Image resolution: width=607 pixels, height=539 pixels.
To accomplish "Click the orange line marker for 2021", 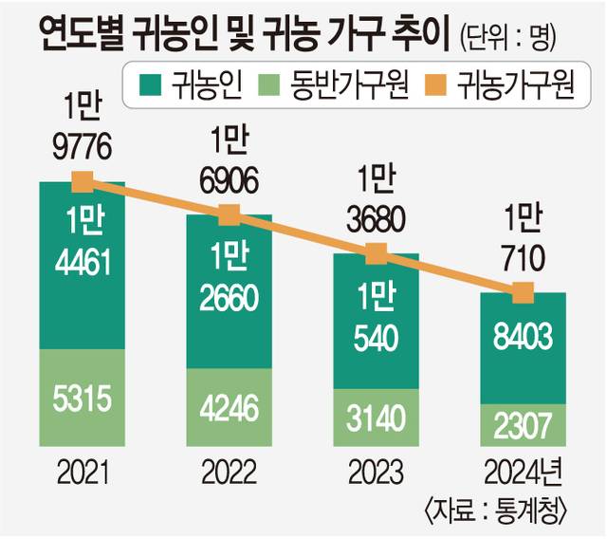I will coord(83,181).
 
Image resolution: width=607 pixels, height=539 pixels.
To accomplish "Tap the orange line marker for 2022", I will coord(229,215).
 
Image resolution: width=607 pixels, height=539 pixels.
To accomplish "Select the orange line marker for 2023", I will coord(377,253).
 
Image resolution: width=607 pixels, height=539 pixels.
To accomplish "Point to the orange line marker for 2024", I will coord(523,293).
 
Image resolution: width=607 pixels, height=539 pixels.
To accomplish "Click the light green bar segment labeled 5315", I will coord(83,398).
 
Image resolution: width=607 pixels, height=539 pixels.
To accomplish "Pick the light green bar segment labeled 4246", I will coord(229,407).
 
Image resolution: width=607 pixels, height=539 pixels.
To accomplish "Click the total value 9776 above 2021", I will coord(83,147).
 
